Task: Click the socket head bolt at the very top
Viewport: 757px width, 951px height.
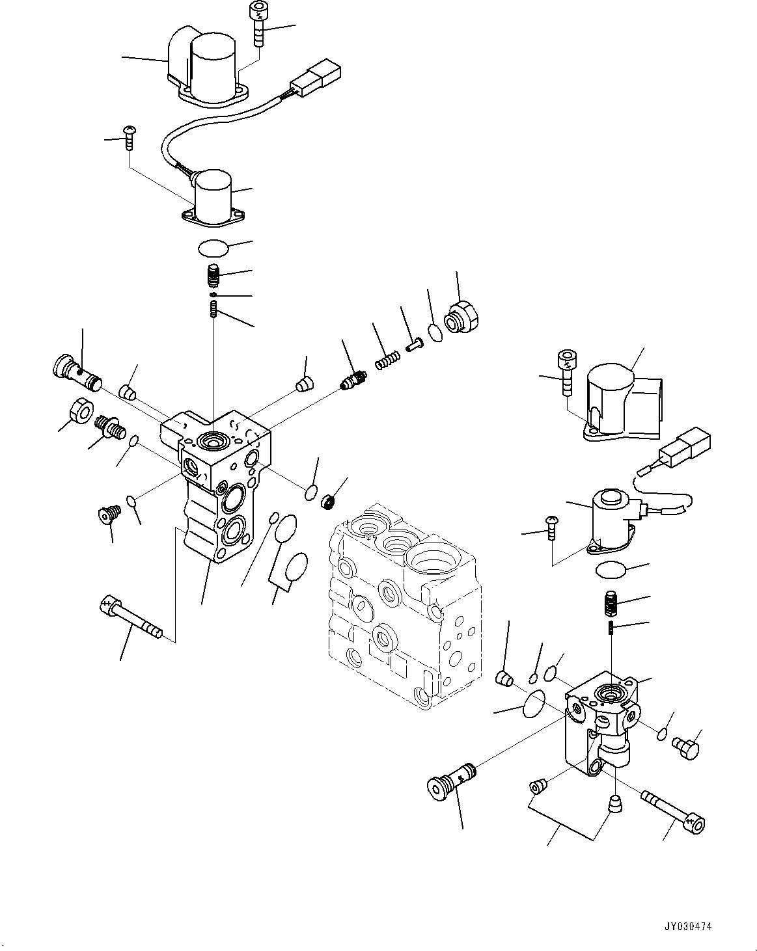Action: [x=258, y=23]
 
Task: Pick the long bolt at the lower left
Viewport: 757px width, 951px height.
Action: [x=131, y=616]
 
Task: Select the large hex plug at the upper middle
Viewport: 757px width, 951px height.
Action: [x=461, y=316]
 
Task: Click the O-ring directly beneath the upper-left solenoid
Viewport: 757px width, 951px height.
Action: [x=213, y=248]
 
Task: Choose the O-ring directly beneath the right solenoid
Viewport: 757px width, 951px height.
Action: [x=611, y=570]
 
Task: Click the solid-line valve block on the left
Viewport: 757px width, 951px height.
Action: [x=215, y=486]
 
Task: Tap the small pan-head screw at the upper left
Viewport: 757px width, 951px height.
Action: [x=130, y=138]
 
